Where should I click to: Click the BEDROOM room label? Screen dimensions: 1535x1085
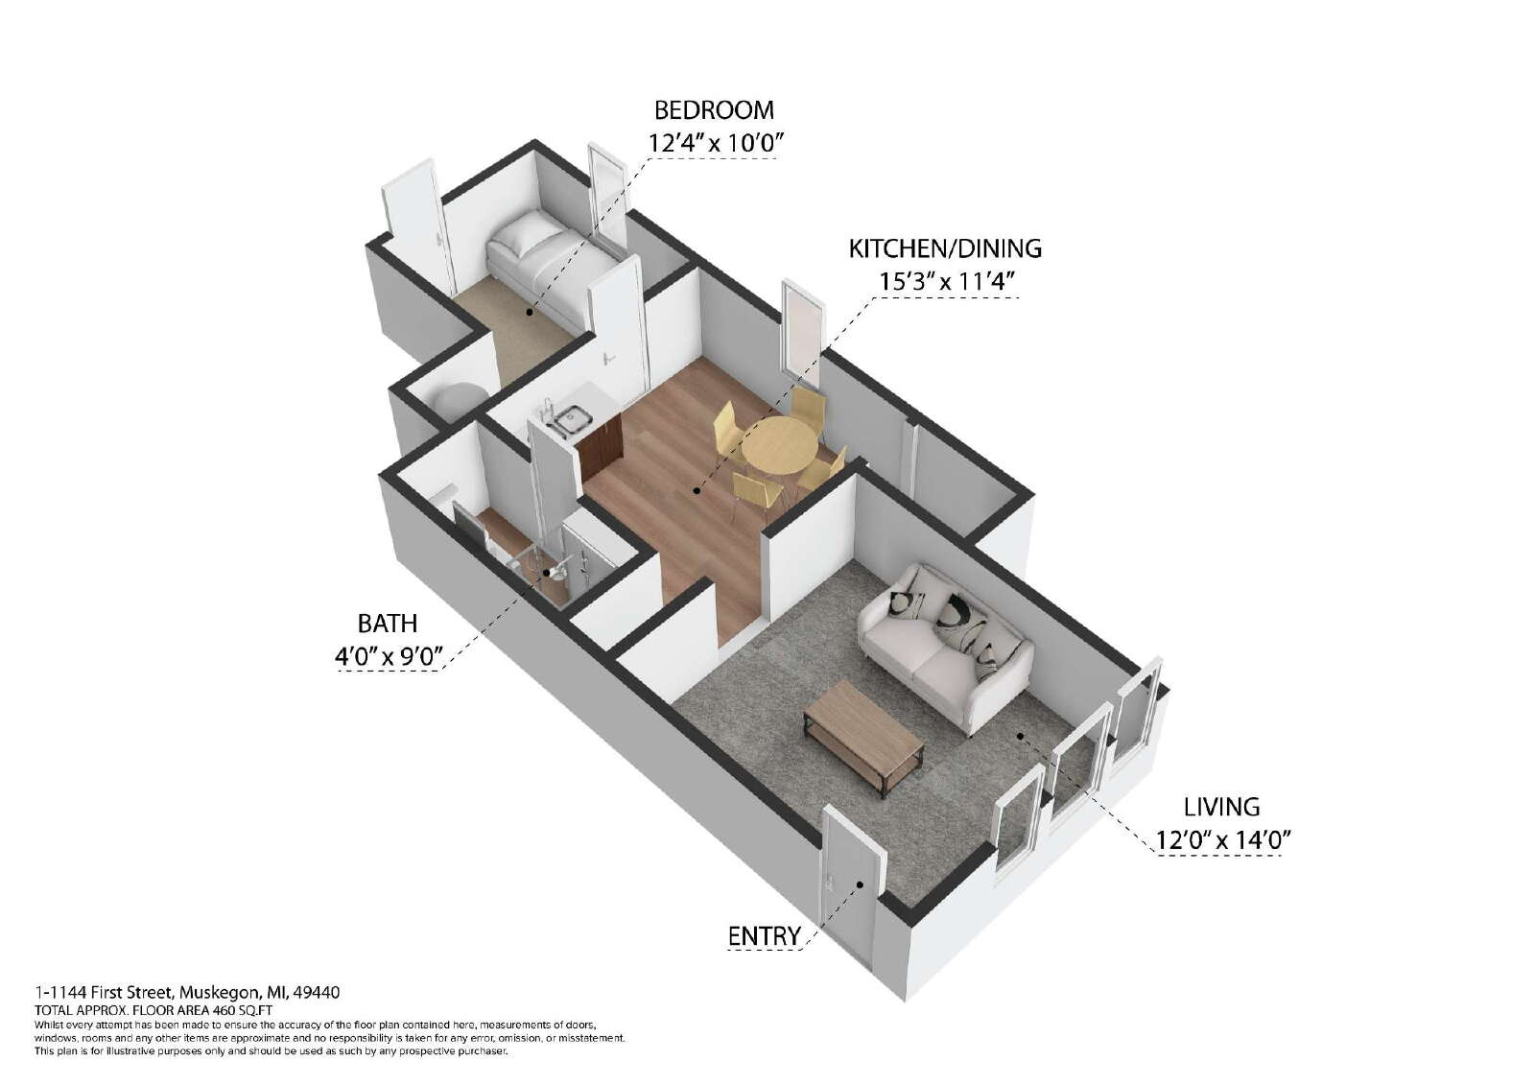pos(714,110)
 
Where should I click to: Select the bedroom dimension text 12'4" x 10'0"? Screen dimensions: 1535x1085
pos(716,143)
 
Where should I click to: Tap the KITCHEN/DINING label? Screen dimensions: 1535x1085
pos(945,248)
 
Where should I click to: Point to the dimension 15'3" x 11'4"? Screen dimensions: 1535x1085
pos(946,281)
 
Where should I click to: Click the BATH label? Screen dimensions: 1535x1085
pos(388,624)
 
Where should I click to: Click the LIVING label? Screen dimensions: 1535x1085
pos(1222,808)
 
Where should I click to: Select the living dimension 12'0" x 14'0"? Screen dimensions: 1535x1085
pos(1224,840)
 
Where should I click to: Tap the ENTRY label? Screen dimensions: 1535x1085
pos(764,936)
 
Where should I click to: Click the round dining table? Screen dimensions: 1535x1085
pos(780,445)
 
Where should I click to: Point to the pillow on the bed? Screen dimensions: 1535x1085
pos(524,234)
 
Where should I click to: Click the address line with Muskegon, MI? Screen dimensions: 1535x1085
pos(187,993)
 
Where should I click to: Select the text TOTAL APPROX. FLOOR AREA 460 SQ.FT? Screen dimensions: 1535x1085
pos(153,1010)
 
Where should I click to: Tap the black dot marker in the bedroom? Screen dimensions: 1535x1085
pos(529,312)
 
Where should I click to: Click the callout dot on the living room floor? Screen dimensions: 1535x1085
pos(1020,736)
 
